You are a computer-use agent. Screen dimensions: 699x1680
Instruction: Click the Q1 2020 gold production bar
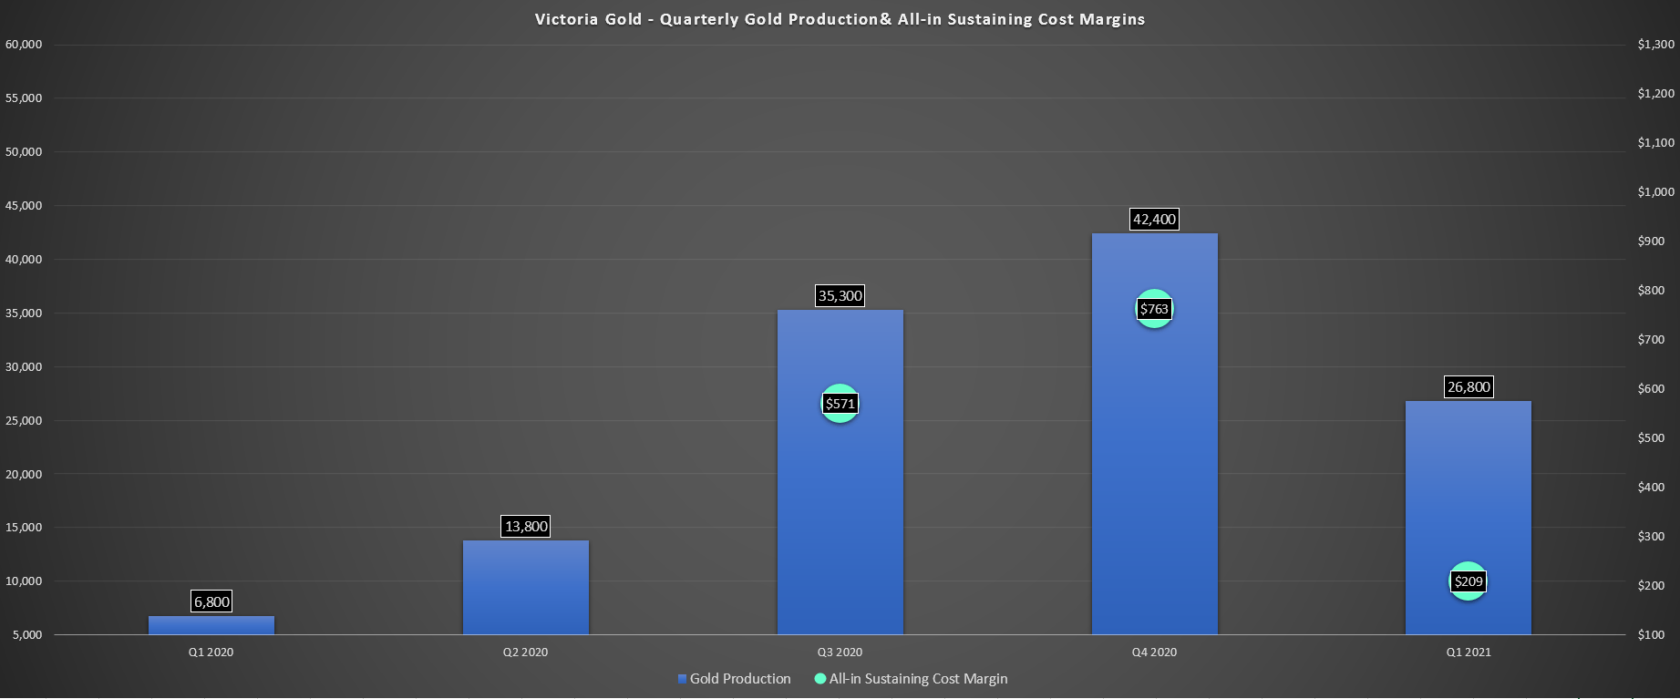click(211, 625)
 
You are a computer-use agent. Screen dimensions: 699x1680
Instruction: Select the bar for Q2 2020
click(526, 588)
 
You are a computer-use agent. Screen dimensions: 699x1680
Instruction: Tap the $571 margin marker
click(840, 404)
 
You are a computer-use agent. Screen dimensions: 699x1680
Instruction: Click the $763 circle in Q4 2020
click(1154, 309)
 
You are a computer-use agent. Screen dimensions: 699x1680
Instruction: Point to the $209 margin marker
click(1468, 581)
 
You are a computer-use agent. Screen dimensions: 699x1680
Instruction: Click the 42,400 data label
click(1154, 219)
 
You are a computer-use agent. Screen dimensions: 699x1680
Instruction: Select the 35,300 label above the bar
click(840, 295)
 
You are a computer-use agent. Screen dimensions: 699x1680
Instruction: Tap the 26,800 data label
click(1468, 386)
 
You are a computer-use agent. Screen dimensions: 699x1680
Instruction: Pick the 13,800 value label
click(526, 526)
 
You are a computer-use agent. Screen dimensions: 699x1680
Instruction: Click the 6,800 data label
click(211, 601)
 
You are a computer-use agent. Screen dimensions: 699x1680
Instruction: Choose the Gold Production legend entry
click(735, 679)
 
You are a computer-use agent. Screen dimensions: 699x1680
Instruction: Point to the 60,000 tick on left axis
click(24, 45)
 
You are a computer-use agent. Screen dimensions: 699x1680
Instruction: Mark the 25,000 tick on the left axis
click(24, 421)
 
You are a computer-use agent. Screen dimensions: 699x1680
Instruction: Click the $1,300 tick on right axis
click(1655, 45)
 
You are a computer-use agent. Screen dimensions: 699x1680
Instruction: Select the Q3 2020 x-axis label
click(840, 653)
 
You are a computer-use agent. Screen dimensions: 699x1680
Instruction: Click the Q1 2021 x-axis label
click(1468, 653)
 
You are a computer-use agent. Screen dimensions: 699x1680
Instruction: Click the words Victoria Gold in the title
click(588, 19)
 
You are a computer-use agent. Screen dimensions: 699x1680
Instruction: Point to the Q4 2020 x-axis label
click(1154, 653)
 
